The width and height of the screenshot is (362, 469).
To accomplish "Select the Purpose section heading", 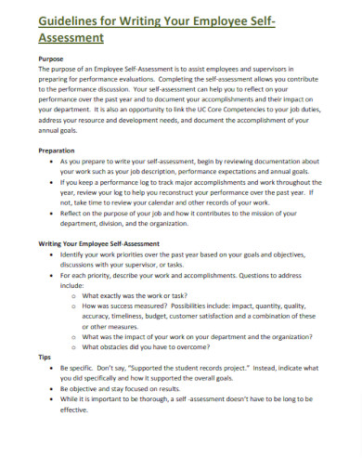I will (x=52, y=58).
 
